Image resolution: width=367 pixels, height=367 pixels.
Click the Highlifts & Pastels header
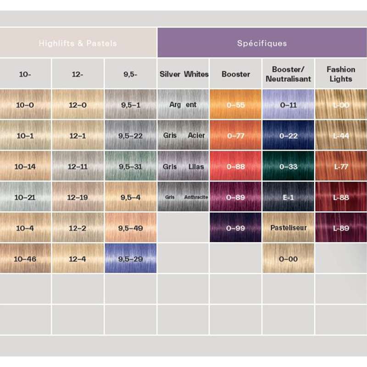click(x=78, y=44)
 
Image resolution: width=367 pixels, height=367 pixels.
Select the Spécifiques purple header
click(x=262, y=44)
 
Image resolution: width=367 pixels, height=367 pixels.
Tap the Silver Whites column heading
click(x=183, y=74)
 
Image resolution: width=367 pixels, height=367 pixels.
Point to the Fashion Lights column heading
click(x=340, y=74)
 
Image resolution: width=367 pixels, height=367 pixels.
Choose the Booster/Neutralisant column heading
click(x=288, y=74)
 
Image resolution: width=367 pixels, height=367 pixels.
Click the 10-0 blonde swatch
click(x=26, y=105)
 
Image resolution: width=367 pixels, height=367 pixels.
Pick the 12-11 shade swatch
click(x=78, y=166)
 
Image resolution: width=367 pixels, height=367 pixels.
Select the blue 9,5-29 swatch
click(x=131, y=258)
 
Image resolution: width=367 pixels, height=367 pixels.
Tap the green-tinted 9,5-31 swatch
click(x=131, y=166)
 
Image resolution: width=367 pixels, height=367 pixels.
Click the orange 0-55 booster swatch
click(x=236, y=105)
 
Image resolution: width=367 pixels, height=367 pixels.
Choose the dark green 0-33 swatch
click(x=288, y=166)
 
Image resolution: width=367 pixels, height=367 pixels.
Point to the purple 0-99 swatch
click(x=236, y=228)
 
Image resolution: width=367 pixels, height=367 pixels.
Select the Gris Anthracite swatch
click(x=183, y=197)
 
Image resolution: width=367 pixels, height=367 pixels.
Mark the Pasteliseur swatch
click(x=288, y=228)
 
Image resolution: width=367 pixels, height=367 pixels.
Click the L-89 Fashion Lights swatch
click(x=340, y=228)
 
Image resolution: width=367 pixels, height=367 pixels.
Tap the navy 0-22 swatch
click(x=288, y=135)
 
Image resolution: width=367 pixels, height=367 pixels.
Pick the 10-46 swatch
click(x=26, y=258)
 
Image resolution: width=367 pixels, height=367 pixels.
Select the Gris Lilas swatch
click(x=183, y=166)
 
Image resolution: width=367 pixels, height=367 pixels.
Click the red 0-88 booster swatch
click(x=236, y=166)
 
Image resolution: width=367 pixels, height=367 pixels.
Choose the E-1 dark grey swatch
click(x=288, y=197)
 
